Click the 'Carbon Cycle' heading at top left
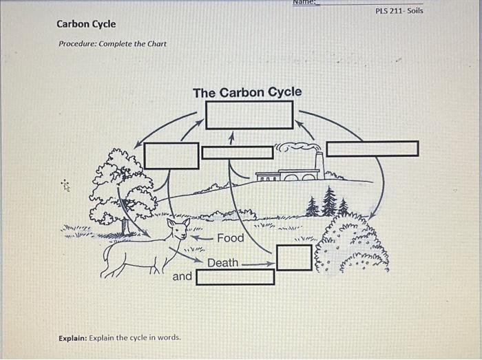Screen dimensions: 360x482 [86, 24]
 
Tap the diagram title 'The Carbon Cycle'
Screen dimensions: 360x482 [247, 92]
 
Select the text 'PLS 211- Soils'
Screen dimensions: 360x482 [399, 12]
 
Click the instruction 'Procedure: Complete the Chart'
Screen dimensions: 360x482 [112, 44]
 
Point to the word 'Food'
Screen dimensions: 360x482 [231, 238]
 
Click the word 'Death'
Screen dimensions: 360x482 [222, 263]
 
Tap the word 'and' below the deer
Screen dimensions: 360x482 [182, 276]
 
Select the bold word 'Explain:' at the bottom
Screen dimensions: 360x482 [72, 338]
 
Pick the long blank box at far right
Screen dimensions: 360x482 [372, 149]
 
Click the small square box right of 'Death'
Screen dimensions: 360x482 [294, 257]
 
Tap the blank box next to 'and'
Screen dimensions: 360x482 [235, 277]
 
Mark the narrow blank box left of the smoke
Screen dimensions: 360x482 [238, 152]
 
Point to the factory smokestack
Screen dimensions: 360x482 [319, 162]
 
